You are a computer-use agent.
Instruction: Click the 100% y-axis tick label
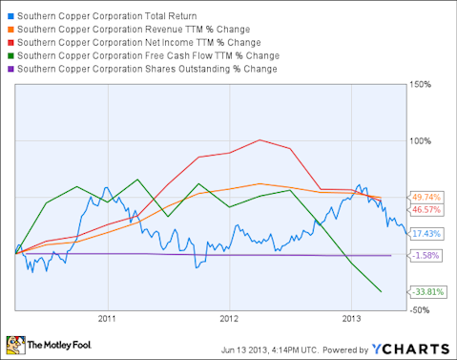coord(422,140)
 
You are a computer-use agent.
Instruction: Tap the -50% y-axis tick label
coord(423,310)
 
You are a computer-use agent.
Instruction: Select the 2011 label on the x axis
coord(106,318)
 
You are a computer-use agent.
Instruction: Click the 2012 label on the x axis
coord(229,318)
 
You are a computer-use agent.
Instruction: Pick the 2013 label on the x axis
coord(351,318)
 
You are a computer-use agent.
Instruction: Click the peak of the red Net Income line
coord(260,140)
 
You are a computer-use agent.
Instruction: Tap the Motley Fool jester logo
coord(16,344)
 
